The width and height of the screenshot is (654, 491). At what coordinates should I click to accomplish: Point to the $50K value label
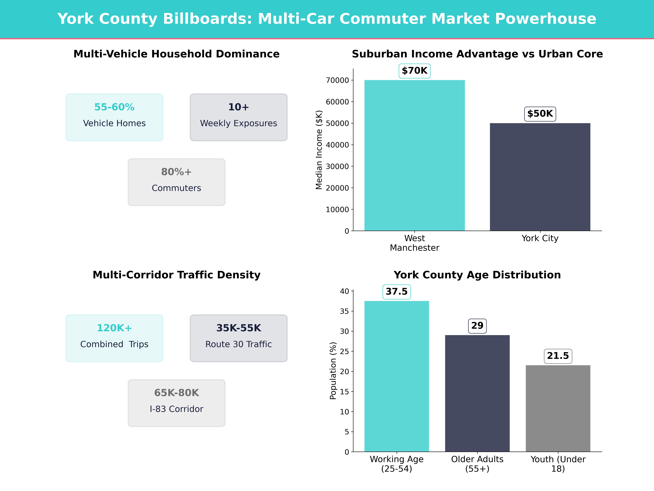[540, 114]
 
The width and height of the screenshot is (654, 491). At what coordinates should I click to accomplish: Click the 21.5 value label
[558, 356]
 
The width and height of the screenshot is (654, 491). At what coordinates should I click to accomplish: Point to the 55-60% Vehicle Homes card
[114, 117]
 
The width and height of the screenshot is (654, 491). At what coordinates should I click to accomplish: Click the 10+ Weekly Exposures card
[239, 117]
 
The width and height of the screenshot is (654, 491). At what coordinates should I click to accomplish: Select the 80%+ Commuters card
[176, 182]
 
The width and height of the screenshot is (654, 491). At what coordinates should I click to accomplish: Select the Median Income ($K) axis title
[319, 150]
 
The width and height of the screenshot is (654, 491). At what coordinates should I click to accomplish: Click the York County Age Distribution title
[477, 275]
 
